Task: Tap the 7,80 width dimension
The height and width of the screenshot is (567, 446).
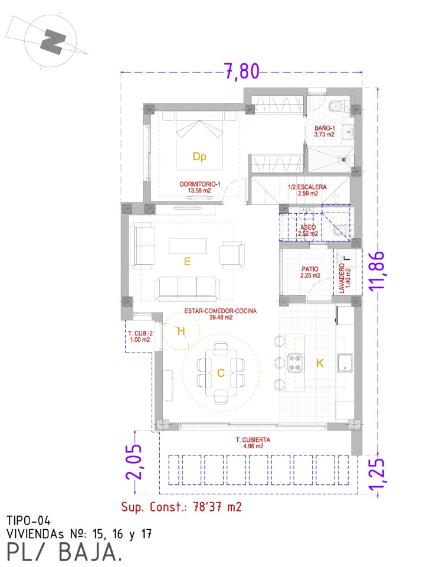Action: coord(242,71)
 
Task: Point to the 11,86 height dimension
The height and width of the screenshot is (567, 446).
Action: coord(376,270)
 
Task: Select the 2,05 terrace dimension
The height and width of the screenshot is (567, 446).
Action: coord(133,462)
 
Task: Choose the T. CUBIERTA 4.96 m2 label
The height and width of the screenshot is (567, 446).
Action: coord(253,443)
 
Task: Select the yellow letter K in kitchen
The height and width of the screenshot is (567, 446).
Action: coord(320,363)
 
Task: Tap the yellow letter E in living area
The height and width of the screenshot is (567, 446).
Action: coord(187,262)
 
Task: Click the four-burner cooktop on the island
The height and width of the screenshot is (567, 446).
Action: coord(295,362)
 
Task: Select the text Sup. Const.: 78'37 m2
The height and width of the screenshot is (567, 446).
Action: coord(181,507)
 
